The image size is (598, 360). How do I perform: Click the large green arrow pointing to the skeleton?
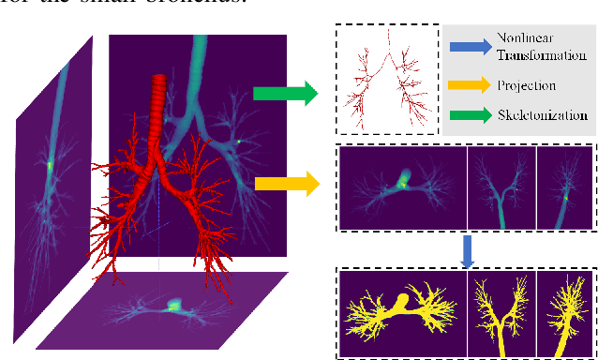pyautogui.click(x=284, y=92)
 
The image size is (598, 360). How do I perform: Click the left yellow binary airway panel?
pyautogui.click(x=404, y=314)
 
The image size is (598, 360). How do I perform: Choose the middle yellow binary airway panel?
pyautogui.click(x=501, y=314)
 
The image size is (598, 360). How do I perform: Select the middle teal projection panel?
pyautogui.click(x=501, y=187)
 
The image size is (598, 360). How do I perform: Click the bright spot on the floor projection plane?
pyautogui.click(x=173, y=305)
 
